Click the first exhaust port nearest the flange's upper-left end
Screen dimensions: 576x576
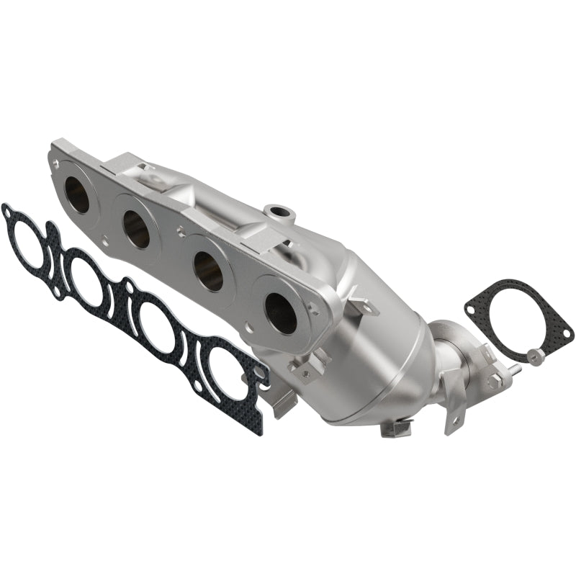tap(77, 195)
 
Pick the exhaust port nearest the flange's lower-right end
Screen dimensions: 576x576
tap(281, 310)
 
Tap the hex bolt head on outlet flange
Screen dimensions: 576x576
tap(494, 379)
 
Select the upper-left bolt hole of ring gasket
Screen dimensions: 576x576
tap(472, 310)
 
